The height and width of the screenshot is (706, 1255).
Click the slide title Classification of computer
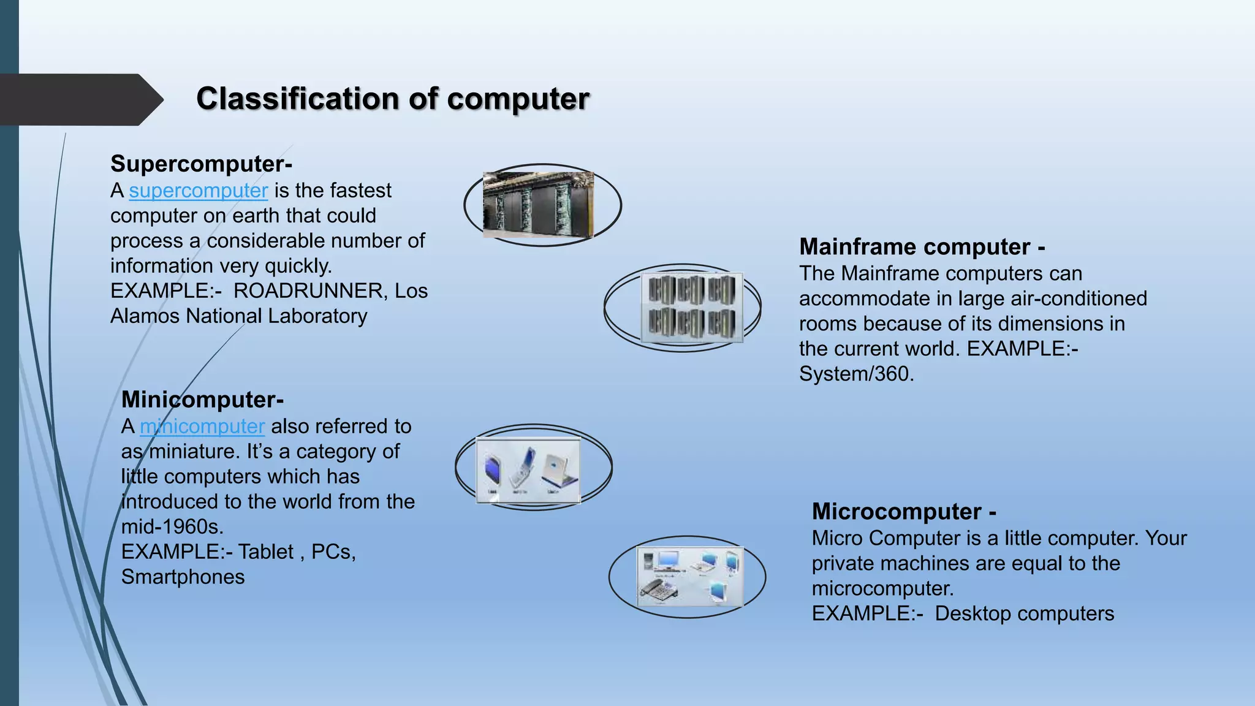click(392, 99)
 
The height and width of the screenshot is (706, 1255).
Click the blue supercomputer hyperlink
click(198, 191)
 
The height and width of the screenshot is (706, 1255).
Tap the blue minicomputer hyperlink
click(202, 427)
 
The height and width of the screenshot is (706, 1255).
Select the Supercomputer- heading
click(201, 164)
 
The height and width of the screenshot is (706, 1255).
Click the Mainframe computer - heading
click(922, 247)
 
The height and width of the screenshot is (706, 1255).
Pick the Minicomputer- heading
click(202, 400)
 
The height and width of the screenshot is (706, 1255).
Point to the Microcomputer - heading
click(904, 512)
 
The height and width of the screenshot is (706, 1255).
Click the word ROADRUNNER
click(308, 291)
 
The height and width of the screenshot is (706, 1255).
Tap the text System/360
click(855, 374)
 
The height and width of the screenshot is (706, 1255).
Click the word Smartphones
click(183, 577)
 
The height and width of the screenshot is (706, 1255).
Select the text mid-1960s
click(172, 527)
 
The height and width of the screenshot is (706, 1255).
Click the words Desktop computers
click(1024, 614)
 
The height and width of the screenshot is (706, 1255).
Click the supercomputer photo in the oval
click(538, 205)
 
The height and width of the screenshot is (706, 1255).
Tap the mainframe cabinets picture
click(691, 307)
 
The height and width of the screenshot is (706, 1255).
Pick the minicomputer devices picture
click(528, 469)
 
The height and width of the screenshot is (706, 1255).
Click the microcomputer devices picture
click(689, 576)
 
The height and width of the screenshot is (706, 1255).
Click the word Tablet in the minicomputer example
click(266, 552)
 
